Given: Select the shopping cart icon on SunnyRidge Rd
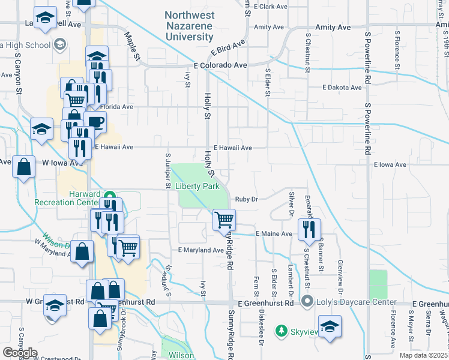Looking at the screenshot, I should tap(224, 220).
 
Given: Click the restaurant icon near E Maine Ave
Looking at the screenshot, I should tap(309, 229).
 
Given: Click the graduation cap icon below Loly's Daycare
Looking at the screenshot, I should tap(330, 326).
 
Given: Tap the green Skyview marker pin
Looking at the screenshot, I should tap(280, 331).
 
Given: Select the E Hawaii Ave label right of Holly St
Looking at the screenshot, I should tap(232, 147).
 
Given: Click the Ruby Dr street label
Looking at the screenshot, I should tap(246, 199).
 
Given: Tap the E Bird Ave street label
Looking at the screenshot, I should tap(228, 48).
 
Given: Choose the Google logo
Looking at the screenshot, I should tap(20, 353).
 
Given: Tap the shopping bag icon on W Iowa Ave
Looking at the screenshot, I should tap(23, 168).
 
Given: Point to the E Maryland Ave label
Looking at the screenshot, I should tap(200, 250).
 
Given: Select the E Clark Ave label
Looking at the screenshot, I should tap(271, 7).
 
